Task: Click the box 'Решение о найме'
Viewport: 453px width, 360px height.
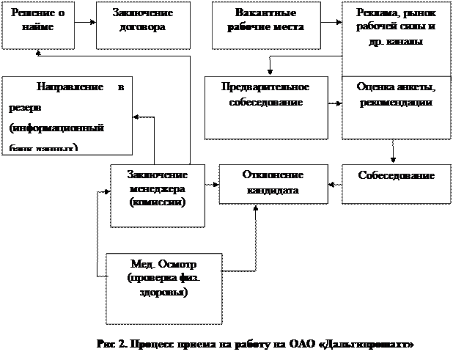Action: (38, 25)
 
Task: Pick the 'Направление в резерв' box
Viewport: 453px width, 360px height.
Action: (67, 114)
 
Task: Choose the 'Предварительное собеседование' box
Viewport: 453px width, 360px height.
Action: (265, 107)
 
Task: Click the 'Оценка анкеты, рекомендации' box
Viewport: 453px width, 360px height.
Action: (397, 107)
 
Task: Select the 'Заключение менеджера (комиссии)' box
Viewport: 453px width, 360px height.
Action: (158, 194)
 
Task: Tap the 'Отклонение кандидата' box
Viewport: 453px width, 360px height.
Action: (271, 184)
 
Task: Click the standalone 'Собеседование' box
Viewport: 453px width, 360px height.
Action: (397, 184)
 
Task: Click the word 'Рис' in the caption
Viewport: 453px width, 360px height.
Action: (106, 344)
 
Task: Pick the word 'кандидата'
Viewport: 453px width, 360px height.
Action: (271, 191)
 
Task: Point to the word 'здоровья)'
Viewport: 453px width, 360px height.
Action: (165, 292)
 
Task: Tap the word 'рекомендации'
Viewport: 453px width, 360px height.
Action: (397, 103)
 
